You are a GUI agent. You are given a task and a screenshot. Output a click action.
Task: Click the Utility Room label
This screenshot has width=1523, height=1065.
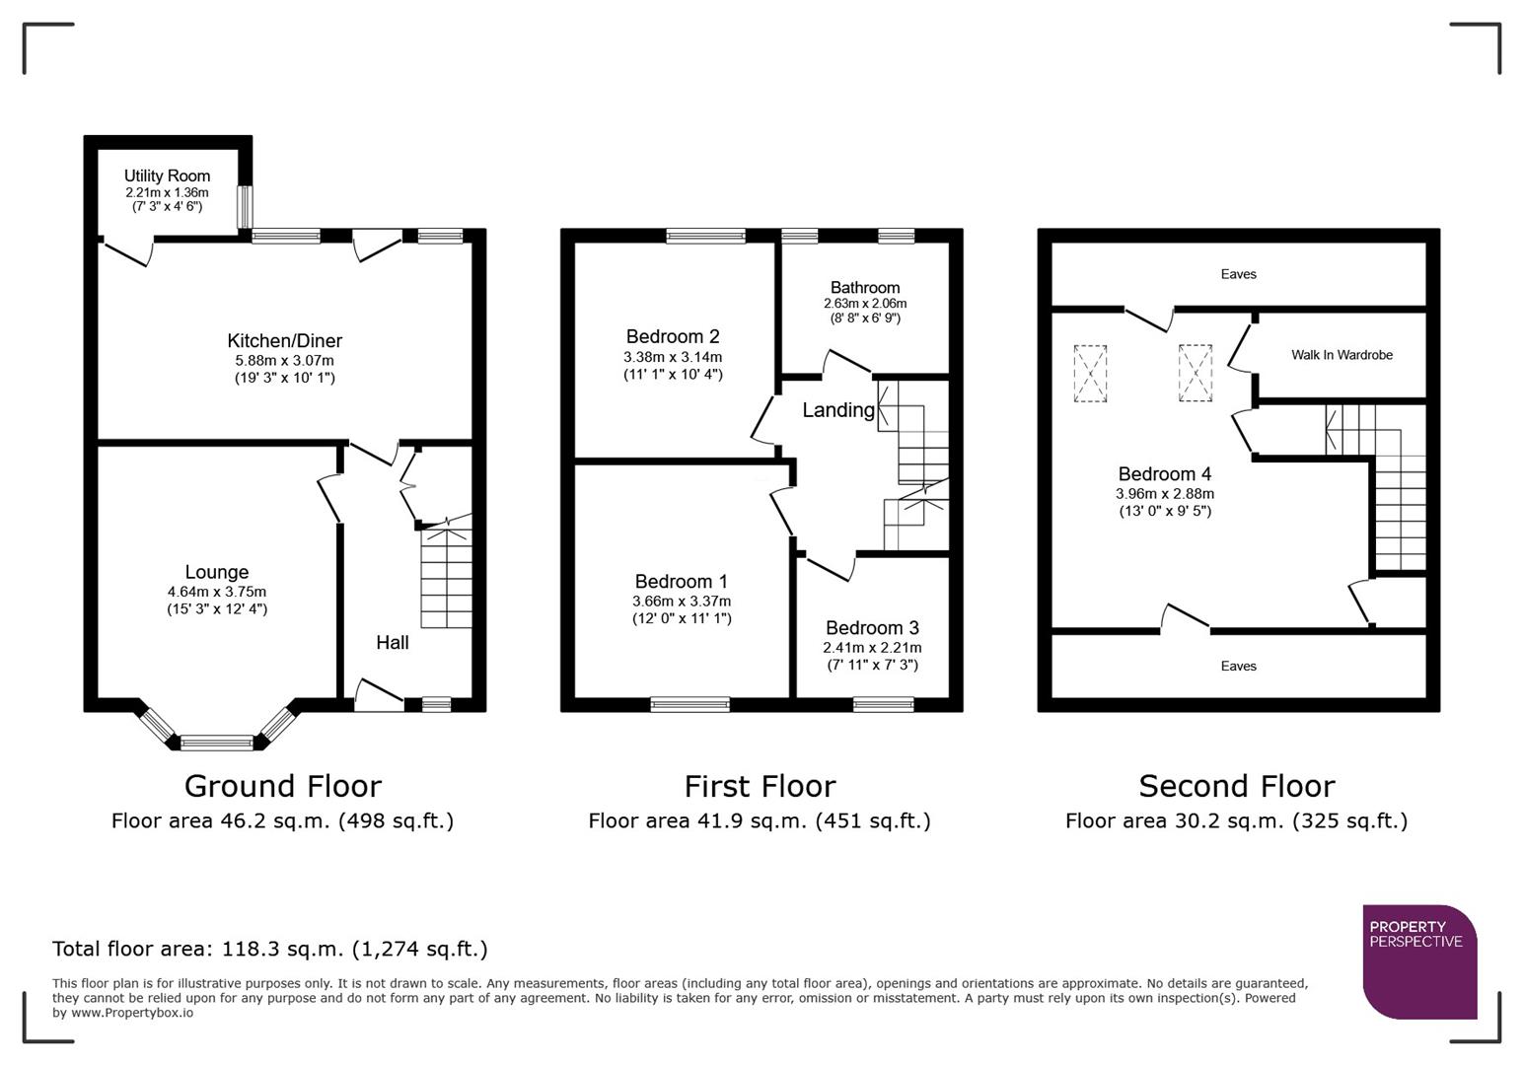point(167,176)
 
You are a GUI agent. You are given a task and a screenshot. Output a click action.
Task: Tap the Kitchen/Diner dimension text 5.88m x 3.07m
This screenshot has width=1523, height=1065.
point(284,361)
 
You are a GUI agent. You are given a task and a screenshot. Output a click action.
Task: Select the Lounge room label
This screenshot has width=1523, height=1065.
point(216,572)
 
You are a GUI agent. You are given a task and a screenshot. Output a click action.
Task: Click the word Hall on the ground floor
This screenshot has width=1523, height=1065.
point(392,643)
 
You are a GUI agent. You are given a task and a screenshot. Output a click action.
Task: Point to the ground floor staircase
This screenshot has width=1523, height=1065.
point(446,577)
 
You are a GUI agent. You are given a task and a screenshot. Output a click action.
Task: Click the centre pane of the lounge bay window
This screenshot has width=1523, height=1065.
point(217,742)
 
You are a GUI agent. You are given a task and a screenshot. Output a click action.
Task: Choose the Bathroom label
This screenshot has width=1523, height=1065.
point(864,288)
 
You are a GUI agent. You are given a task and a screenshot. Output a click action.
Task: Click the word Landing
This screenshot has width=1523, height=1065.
point(837,410)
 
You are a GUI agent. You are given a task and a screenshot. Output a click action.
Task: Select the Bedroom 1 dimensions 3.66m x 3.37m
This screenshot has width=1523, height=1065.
point(682,602)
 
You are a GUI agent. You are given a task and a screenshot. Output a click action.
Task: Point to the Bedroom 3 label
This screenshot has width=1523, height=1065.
point(872,628)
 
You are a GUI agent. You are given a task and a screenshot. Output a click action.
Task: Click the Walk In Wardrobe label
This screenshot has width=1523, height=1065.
point(1342,355)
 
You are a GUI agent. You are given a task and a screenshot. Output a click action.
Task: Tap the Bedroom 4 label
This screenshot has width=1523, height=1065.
point(1164,474)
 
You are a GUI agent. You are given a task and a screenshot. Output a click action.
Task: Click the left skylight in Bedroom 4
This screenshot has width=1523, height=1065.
point(1090,374)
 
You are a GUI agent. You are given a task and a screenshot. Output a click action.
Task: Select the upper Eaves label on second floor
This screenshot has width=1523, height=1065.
point(1238,274)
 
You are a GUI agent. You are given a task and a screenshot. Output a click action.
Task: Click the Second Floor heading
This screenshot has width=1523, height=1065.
point(1236,786)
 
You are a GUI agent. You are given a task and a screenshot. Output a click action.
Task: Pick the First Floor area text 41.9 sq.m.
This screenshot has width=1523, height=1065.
point(759,820)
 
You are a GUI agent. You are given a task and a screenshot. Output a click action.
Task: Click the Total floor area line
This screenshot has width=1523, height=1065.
point(269,949)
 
